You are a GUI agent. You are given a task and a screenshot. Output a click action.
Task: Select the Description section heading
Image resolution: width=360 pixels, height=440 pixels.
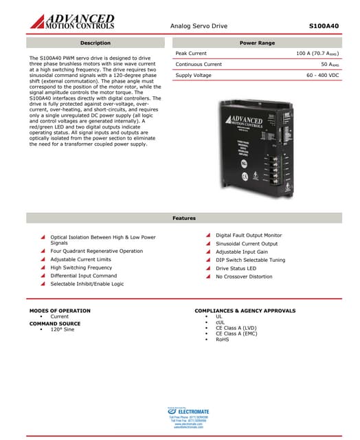click(x=95, y=43)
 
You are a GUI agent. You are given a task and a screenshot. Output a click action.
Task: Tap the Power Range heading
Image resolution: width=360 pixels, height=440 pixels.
click(x=257, y=43)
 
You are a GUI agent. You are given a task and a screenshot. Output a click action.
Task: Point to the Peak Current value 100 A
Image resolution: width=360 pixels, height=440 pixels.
click(x=317, y=53)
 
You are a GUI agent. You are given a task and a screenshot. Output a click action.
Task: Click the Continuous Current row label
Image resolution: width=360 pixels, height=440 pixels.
click(x=199, y=64)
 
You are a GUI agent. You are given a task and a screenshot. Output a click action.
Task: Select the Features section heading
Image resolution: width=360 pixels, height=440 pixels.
click(x=183, y=218)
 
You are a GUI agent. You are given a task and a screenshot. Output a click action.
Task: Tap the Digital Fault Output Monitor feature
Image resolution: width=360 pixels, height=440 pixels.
click(x=249, y=235)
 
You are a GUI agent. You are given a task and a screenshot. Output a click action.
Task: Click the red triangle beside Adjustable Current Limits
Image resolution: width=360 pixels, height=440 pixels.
click(x=42, y=259)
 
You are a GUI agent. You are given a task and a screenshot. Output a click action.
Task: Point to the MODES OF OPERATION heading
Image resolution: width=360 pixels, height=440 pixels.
click(x=60, y=311)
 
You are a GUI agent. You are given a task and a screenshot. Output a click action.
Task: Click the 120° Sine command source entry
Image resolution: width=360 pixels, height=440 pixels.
click(x=62, y=329)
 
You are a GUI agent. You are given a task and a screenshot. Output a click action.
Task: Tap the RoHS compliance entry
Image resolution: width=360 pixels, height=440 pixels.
click(x=222, y=339)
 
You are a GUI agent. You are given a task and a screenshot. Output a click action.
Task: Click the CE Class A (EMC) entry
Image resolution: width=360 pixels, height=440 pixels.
click(x=236, y=333)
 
